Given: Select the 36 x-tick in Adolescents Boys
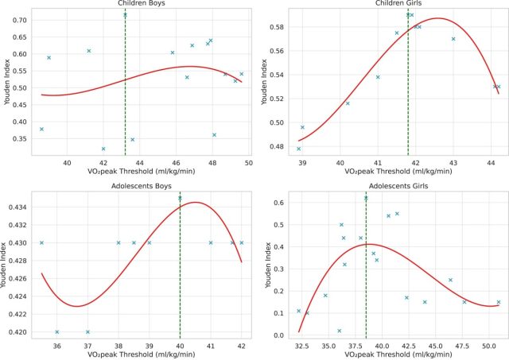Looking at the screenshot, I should point(56,346).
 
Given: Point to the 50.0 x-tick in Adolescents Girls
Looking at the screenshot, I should point(491,346).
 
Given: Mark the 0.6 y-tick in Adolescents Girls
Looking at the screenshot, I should point(280,203).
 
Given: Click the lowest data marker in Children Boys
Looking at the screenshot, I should point(103,149).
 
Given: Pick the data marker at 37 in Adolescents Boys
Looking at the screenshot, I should point(87,331).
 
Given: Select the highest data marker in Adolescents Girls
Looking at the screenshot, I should point(366,198).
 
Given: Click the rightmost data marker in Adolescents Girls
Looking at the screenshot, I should point(499,302).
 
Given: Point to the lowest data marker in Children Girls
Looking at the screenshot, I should point(299,149).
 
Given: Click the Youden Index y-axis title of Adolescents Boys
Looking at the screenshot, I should point(6,262).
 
